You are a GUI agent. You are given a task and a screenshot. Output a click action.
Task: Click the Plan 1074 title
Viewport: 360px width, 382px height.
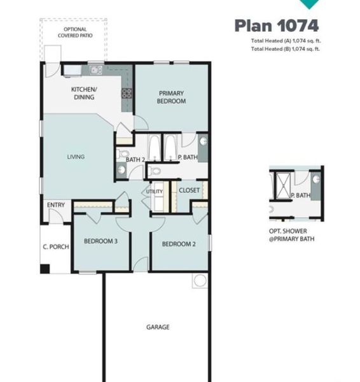point(276,25)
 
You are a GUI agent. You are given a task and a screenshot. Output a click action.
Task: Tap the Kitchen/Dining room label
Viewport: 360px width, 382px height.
point(83,93)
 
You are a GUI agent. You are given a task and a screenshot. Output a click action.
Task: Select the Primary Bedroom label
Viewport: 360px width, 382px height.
point(172,97)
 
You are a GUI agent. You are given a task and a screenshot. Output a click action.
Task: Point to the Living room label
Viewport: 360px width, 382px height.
point(77,157)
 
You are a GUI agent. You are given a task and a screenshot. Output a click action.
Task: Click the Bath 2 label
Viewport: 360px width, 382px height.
point(135,159)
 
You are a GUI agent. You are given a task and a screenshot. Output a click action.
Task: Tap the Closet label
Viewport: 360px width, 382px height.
point(189,190)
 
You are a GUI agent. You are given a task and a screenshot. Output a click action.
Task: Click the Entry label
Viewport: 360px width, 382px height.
point(56,205)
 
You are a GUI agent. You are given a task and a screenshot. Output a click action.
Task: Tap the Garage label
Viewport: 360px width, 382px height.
point(158,327)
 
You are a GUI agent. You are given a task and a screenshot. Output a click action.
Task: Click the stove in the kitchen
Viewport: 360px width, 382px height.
point(126,93)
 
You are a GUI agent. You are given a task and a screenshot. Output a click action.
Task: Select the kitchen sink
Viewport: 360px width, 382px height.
point(95,70)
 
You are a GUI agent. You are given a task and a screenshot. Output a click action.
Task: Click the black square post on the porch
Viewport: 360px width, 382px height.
point(45,269)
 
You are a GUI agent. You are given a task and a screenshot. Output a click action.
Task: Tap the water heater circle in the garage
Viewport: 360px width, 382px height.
point(200,280)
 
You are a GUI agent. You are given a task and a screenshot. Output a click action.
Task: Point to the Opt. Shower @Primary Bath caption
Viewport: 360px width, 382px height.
point(292,236)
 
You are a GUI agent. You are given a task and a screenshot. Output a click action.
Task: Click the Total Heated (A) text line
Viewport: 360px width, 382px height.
point(285,41)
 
